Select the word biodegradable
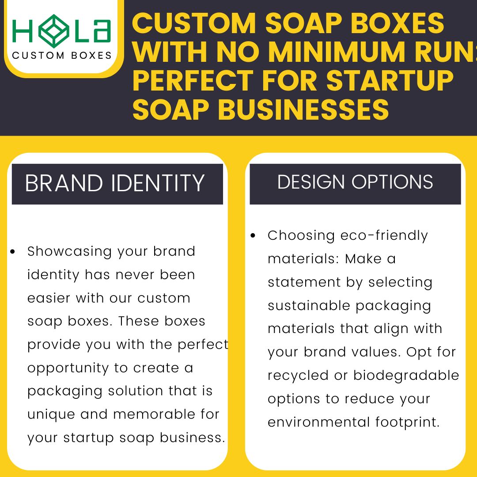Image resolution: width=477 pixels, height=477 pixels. tap(406, 375)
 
